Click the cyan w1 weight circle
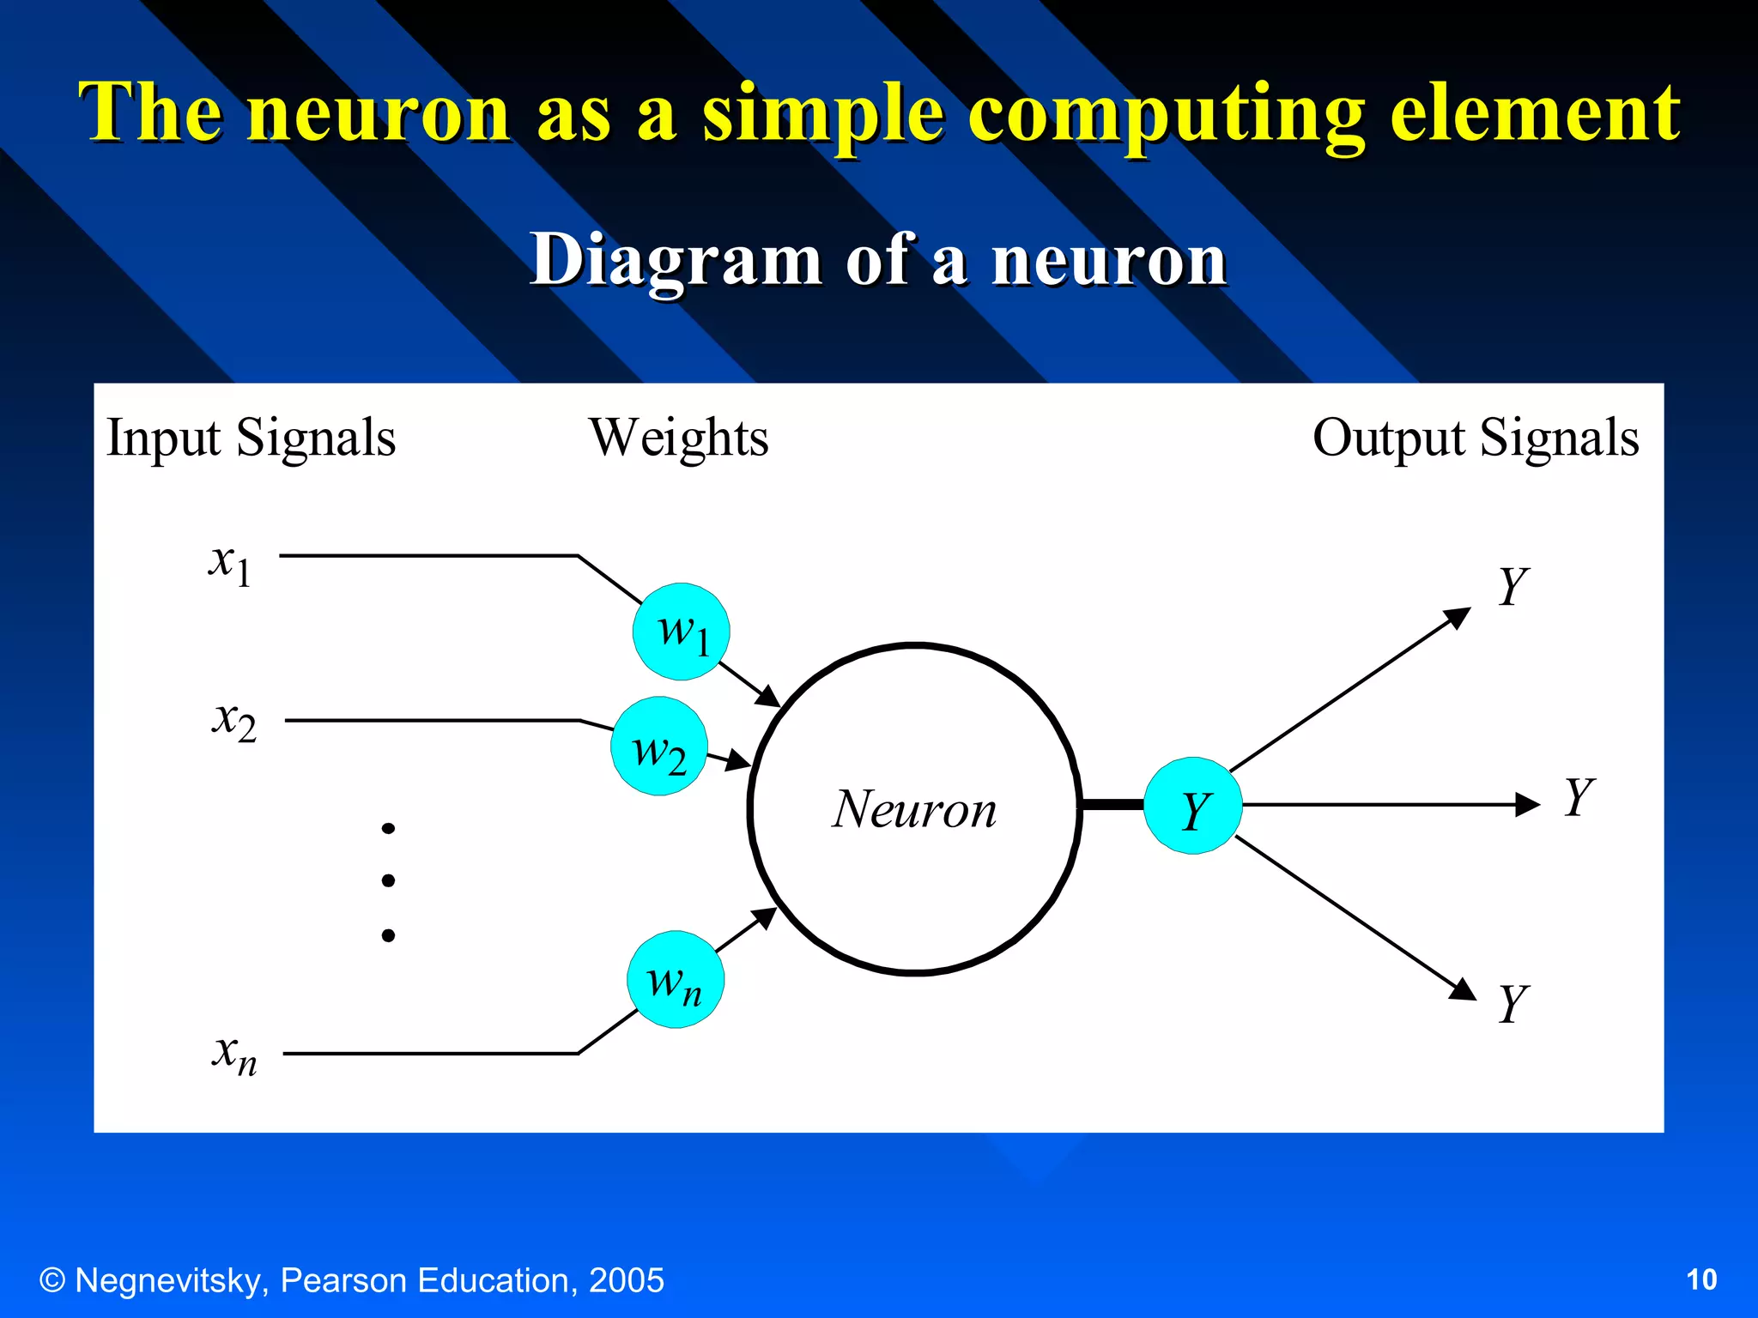[681, 632]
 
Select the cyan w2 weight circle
[659, 747]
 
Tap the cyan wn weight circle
[676, 980]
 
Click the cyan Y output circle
[1193, 806]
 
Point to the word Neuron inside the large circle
[915, 809]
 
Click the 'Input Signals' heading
[251, 438]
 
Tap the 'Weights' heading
[678, 438]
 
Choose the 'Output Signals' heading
[1476, 438]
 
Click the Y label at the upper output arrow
[1513, 587]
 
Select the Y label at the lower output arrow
[1513, 1003]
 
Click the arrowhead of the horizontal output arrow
[1528, 805]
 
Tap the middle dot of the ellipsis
[388, 880]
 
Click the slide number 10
[1701, 1280]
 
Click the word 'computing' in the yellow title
[1167, 113]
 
